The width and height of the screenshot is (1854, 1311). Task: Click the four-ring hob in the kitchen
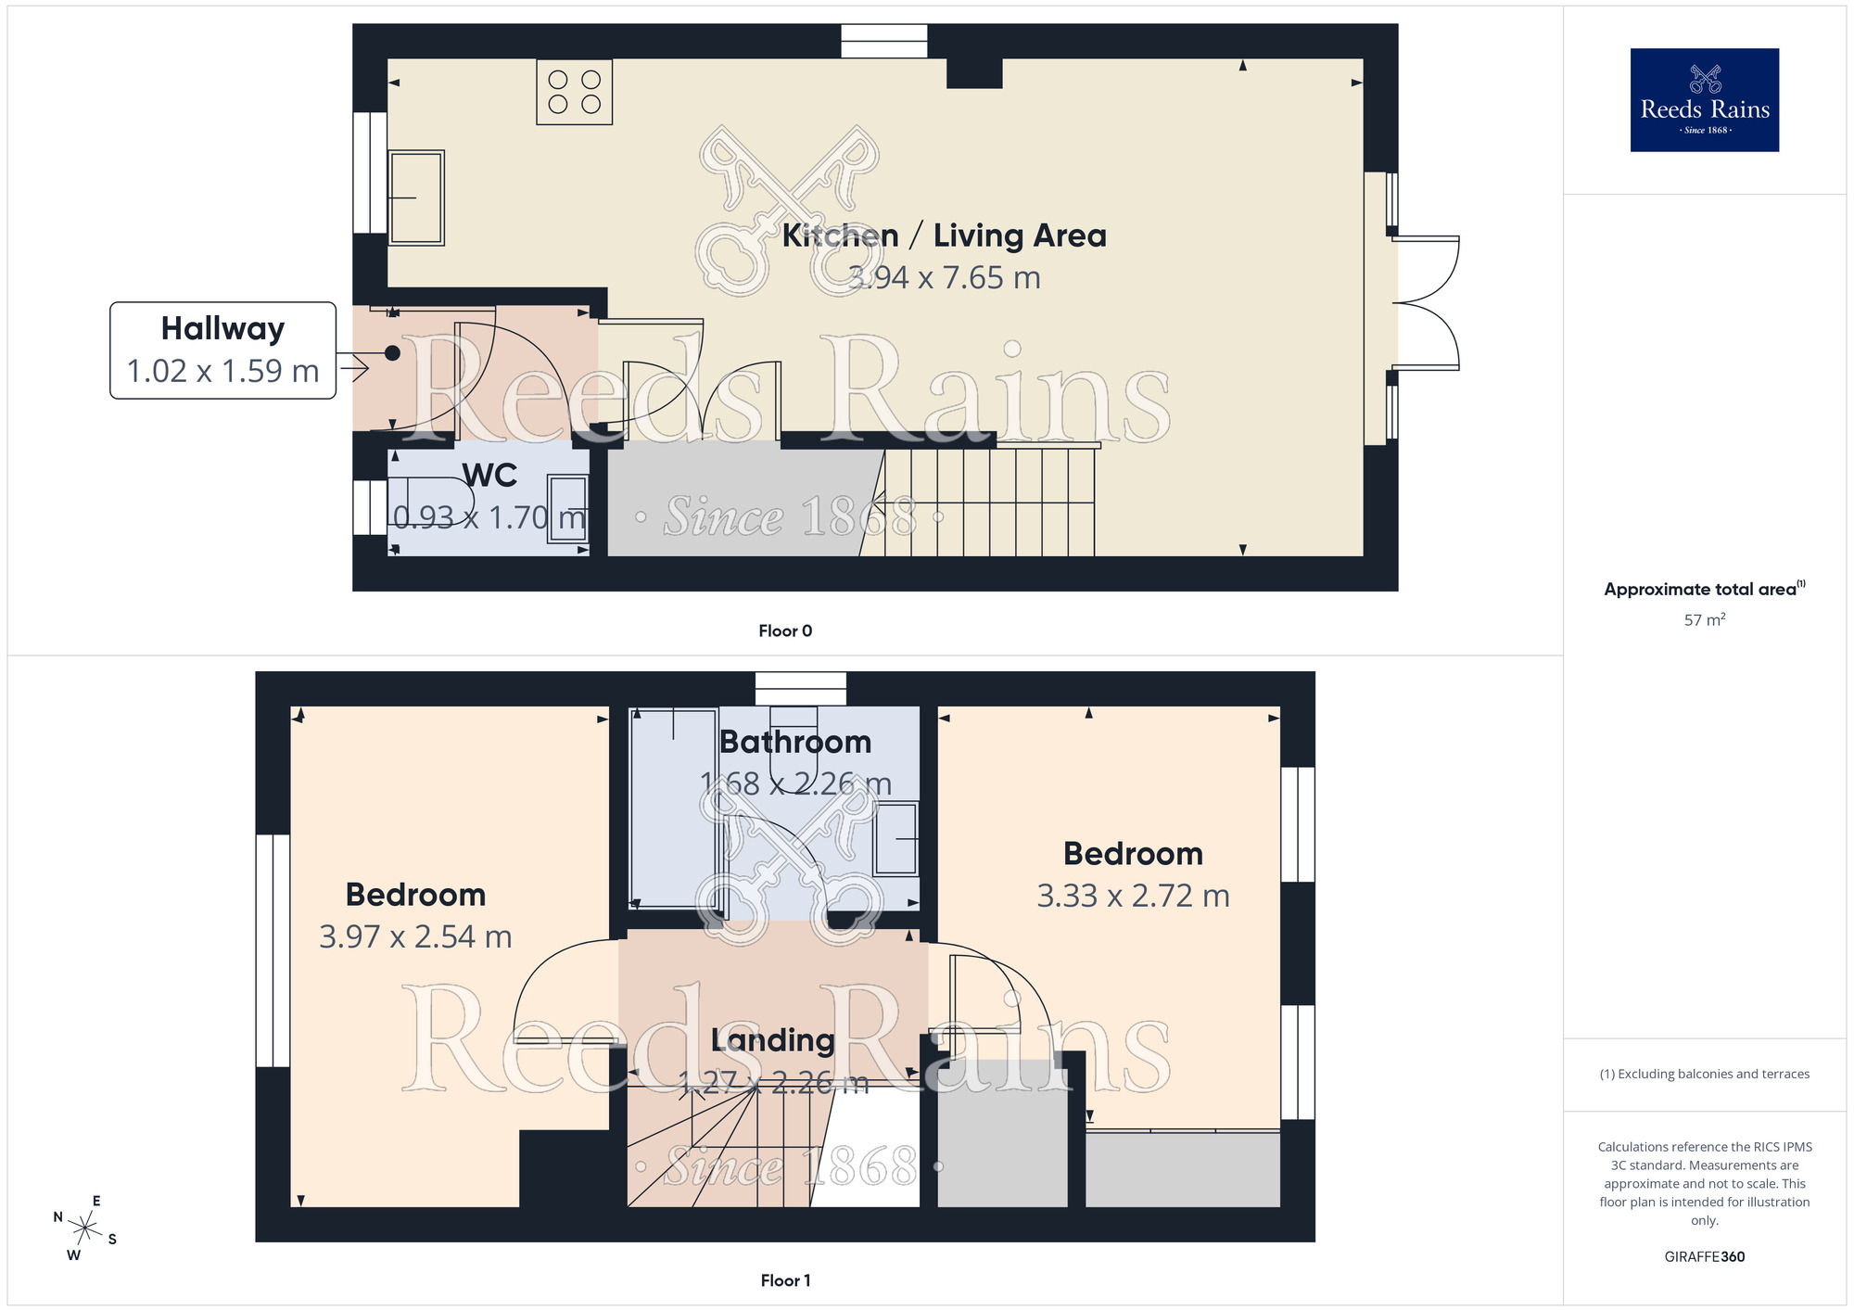pyautogui.click(x=574, y=92)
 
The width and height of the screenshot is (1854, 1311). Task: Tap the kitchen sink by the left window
pyautogui.click(x=416, y=197)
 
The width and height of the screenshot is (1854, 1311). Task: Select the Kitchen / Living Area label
pyautogui.click(x=944, y=235)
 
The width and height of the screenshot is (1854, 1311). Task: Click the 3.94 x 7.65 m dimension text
pyautogui.click(x=944, y=277)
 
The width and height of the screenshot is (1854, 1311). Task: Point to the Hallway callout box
pyautogui.click(x=222, y=350)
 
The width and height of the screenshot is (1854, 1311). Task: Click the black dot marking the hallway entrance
pyautogui.click(x=392, y=353)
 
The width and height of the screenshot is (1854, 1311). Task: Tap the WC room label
pyautogui.click(x=489, y=475)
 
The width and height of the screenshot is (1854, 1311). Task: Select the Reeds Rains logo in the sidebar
pyautogui.click(x=1704, y=100)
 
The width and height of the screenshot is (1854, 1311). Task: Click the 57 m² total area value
pyautogui.click(x=1704, y=619)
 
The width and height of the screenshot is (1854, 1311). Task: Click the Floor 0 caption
pyautogui.click(x=784, y=630)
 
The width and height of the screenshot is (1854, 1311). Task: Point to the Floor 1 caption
pyautogui.click(x=784, y=1280)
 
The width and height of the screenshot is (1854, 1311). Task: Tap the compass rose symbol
pyautogui.click(x=84, y=1228)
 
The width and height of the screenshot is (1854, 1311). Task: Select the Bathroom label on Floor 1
pyautogui.click(x=795, y=742)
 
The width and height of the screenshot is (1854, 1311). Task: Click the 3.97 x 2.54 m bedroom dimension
pyautogui.click(x=415, y=936)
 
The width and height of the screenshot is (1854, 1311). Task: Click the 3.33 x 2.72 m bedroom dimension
pyautogui.click(x=1133, y=896)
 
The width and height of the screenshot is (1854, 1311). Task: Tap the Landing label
pyautogui.click(x=772, y=1040)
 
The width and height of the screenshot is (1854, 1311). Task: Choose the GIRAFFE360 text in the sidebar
pyautogui.click(x=1704, y=1257)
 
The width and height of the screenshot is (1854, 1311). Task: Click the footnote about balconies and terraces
pyautogui.click(x=1704, y=1074)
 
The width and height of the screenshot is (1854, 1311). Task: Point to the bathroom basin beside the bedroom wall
pyautogui.click(x=895, y=839)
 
